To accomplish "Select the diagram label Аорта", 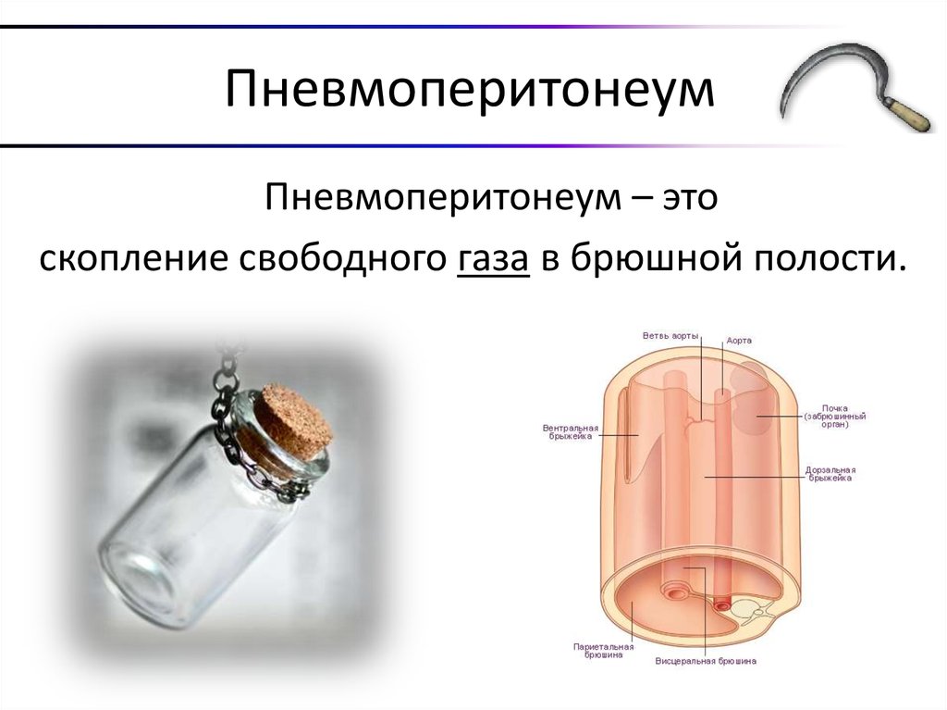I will coord(738,341).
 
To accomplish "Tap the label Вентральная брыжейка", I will coord(570,432).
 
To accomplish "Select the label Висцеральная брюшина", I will coord(706,661).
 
